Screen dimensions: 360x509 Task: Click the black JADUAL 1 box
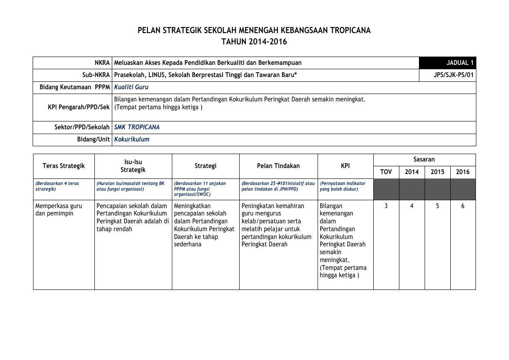click(447, 63)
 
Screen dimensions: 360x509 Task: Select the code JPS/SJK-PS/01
click(453, 75)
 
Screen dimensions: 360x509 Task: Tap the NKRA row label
click(102, 63)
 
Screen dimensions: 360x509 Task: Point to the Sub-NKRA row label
click(96, 75)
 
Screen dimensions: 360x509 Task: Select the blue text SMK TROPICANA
click(137, 127)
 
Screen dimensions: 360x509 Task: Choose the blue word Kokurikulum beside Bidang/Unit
click(131, 139)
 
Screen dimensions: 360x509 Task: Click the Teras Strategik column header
click(64, 166)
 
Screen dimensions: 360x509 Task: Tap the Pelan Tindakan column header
click(278, 166)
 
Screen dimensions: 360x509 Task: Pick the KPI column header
click(345, 166)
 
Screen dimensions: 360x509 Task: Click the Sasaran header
click(424, 159)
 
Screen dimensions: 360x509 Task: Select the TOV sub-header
click(386, 172)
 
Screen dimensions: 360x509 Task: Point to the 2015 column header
click(437, 172)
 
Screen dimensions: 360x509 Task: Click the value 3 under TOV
click(386, 206)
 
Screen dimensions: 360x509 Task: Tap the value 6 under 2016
click(462, 206)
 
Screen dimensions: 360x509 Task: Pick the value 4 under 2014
click(412, 206)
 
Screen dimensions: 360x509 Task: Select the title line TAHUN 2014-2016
click(254, 42)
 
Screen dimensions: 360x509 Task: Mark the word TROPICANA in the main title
click(350, 30)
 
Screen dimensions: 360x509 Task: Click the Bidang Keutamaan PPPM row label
click(74, 87)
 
